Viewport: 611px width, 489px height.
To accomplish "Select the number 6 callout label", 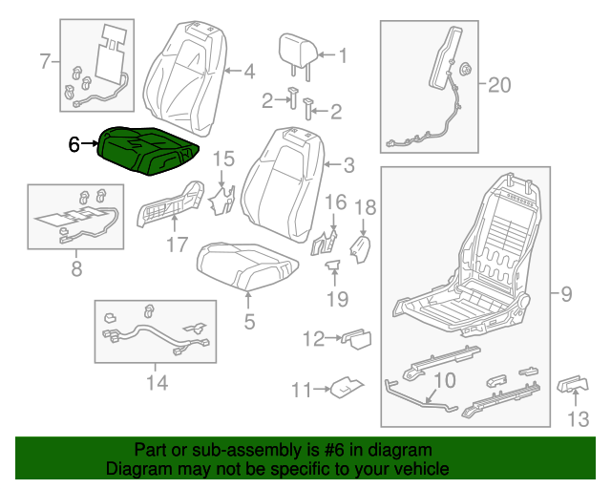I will coord(75,145).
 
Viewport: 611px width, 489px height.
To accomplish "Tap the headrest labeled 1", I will coord(295,50).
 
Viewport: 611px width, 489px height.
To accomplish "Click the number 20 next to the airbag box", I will coord(499,86).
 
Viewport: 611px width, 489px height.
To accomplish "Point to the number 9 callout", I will coord(566,295).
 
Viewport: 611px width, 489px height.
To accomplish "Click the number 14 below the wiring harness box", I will coord(157,383).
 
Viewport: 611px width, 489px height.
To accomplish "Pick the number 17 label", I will coord(177,245).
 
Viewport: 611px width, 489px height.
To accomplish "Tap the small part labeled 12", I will coord(357,336).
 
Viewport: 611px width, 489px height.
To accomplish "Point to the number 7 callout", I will coord(44,62).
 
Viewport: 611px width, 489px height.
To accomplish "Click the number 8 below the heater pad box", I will coord(77,269).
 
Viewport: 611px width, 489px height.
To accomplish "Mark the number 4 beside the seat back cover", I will coord(248,71).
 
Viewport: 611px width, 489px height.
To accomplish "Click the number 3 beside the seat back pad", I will coord(348,165).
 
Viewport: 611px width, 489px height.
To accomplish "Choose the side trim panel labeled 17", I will coord(172,203).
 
